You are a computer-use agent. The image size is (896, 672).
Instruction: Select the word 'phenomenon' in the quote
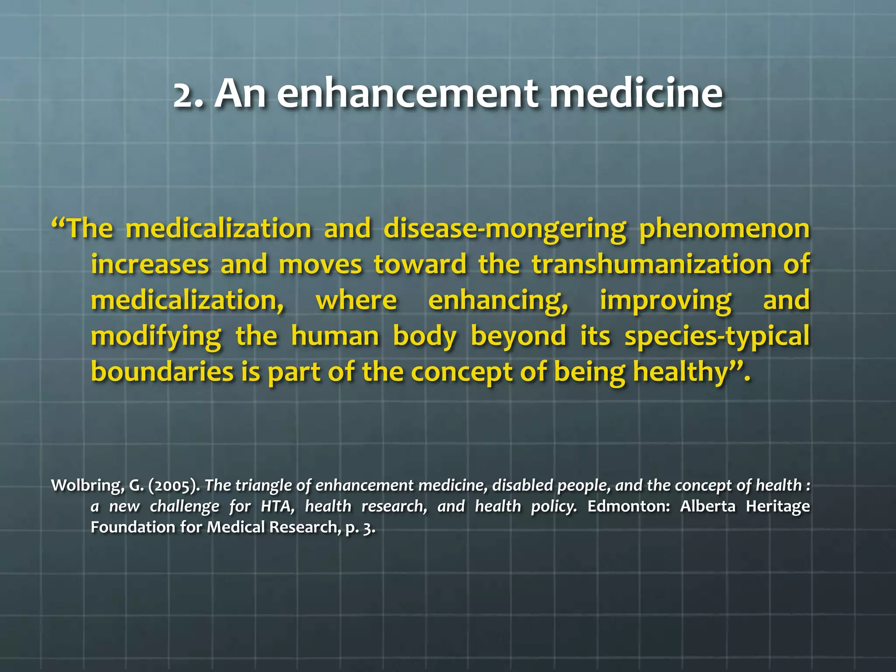coord(724,228)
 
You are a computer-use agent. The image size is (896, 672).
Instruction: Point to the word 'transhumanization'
coord(651,265)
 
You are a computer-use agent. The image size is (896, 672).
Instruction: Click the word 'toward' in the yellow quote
coord(420,265)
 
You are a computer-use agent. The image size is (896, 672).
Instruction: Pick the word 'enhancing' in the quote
coord(498,301)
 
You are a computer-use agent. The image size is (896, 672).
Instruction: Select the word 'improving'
coord(665,301)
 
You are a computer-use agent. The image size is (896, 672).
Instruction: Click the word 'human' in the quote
coord(335,336)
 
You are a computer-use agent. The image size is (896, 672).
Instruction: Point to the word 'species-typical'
coord(717,337)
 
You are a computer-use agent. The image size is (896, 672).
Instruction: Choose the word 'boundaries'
coord(162,372)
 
